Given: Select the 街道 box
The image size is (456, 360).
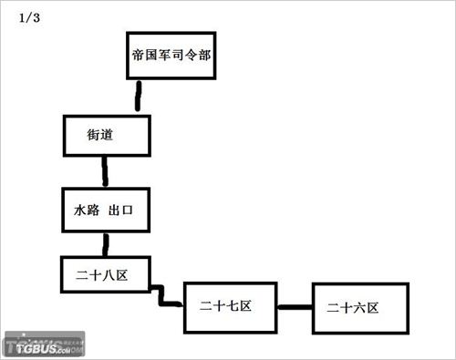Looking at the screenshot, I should [x=105, y=135].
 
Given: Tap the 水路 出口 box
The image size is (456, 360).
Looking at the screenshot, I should [x=105, y=210].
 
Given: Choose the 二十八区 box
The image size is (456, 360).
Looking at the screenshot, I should [x=105, y=273].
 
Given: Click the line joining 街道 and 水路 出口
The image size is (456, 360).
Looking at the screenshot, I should [x=106, y=171].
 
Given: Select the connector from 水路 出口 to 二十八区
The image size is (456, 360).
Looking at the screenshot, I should [x=107, y=243].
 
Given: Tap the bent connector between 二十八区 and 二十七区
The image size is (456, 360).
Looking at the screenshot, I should [x=165, y=296].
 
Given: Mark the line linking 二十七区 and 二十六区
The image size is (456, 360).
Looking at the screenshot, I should [x=295, y=306].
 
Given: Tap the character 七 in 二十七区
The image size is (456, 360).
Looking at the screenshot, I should [x=232, y=305].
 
